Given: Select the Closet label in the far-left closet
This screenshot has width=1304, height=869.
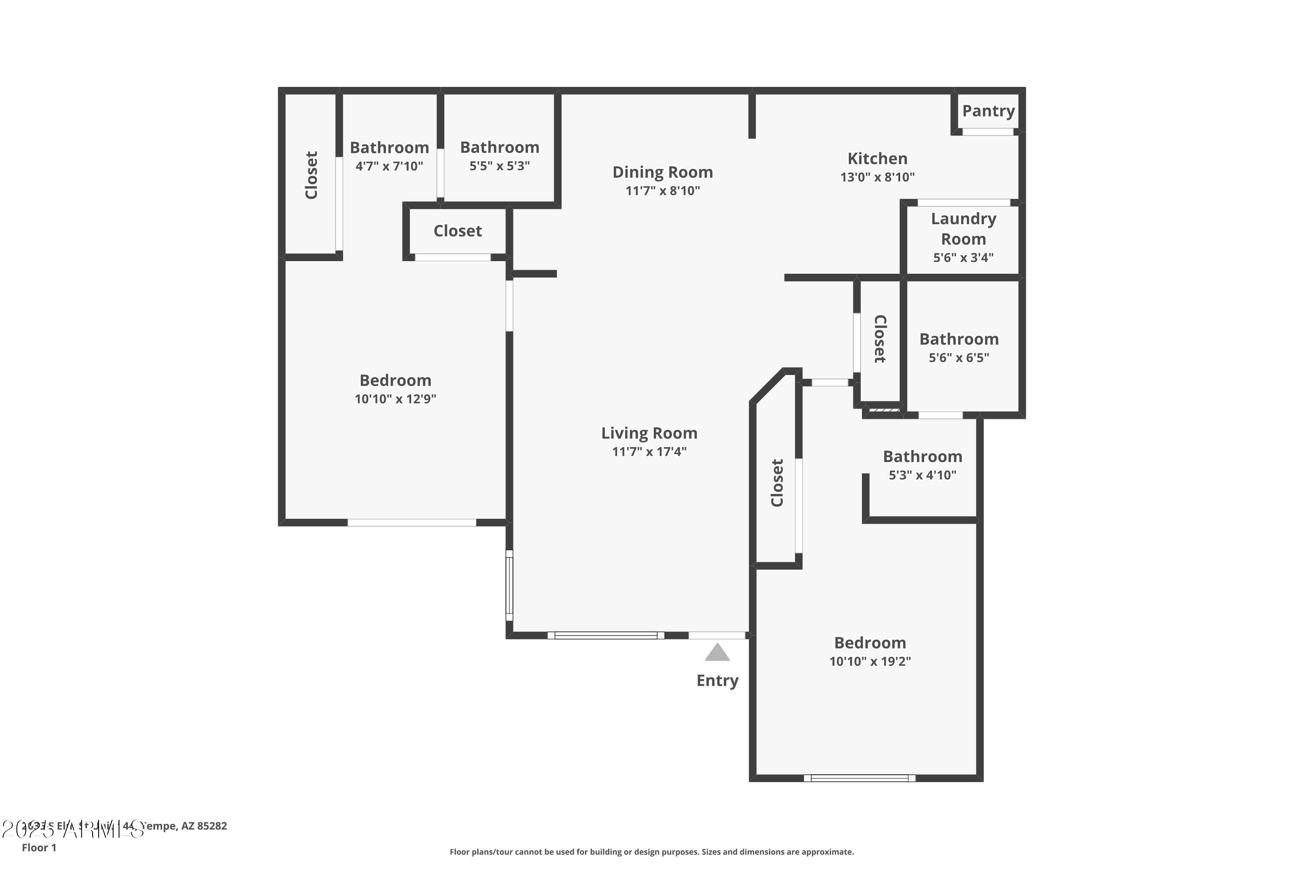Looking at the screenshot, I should click(311, 175).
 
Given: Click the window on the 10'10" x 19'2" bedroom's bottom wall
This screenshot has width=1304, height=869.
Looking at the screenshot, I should click(859, 778).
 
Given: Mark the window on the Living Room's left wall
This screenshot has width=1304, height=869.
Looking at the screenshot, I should click(509, 585).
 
